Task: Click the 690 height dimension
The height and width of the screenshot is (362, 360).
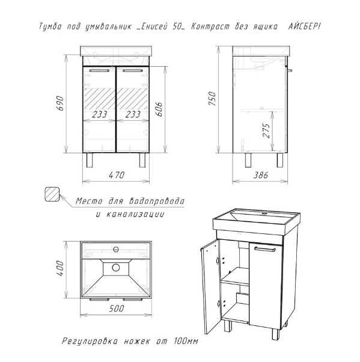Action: click(60, 103)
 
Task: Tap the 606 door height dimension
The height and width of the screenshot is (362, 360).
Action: click(159, 109)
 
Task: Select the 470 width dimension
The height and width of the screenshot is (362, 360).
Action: click(117, 175)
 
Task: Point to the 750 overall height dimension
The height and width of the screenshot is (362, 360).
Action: click(212, 99)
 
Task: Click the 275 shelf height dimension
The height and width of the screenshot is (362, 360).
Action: click(266, 130)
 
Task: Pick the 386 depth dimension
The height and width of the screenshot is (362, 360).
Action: click(261, 175)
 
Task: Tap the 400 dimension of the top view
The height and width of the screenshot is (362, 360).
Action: click(60, 268)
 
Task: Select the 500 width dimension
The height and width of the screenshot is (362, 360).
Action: click(116, 308)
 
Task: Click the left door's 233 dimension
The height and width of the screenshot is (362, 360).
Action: click(99, 114)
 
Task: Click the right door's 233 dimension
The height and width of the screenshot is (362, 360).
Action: click(133, 114)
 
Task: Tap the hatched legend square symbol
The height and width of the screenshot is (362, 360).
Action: click(52, 194)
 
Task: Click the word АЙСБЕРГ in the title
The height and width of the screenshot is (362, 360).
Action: click(304, 26)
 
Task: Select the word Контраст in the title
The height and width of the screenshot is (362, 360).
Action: click(210, 27)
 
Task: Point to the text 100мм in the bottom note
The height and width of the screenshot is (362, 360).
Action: click(185, 341)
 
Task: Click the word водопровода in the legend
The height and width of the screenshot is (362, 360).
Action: click(157, 201)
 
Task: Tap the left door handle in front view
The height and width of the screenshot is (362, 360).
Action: click(99, 70)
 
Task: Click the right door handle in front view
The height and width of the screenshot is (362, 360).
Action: click(132, 70)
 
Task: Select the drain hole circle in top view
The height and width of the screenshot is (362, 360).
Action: click(116, 268)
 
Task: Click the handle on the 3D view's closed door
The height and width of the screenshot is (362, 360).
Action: click(265, 248)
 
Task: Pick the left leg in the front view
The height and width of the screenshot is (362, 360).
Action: click(90, 160)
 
